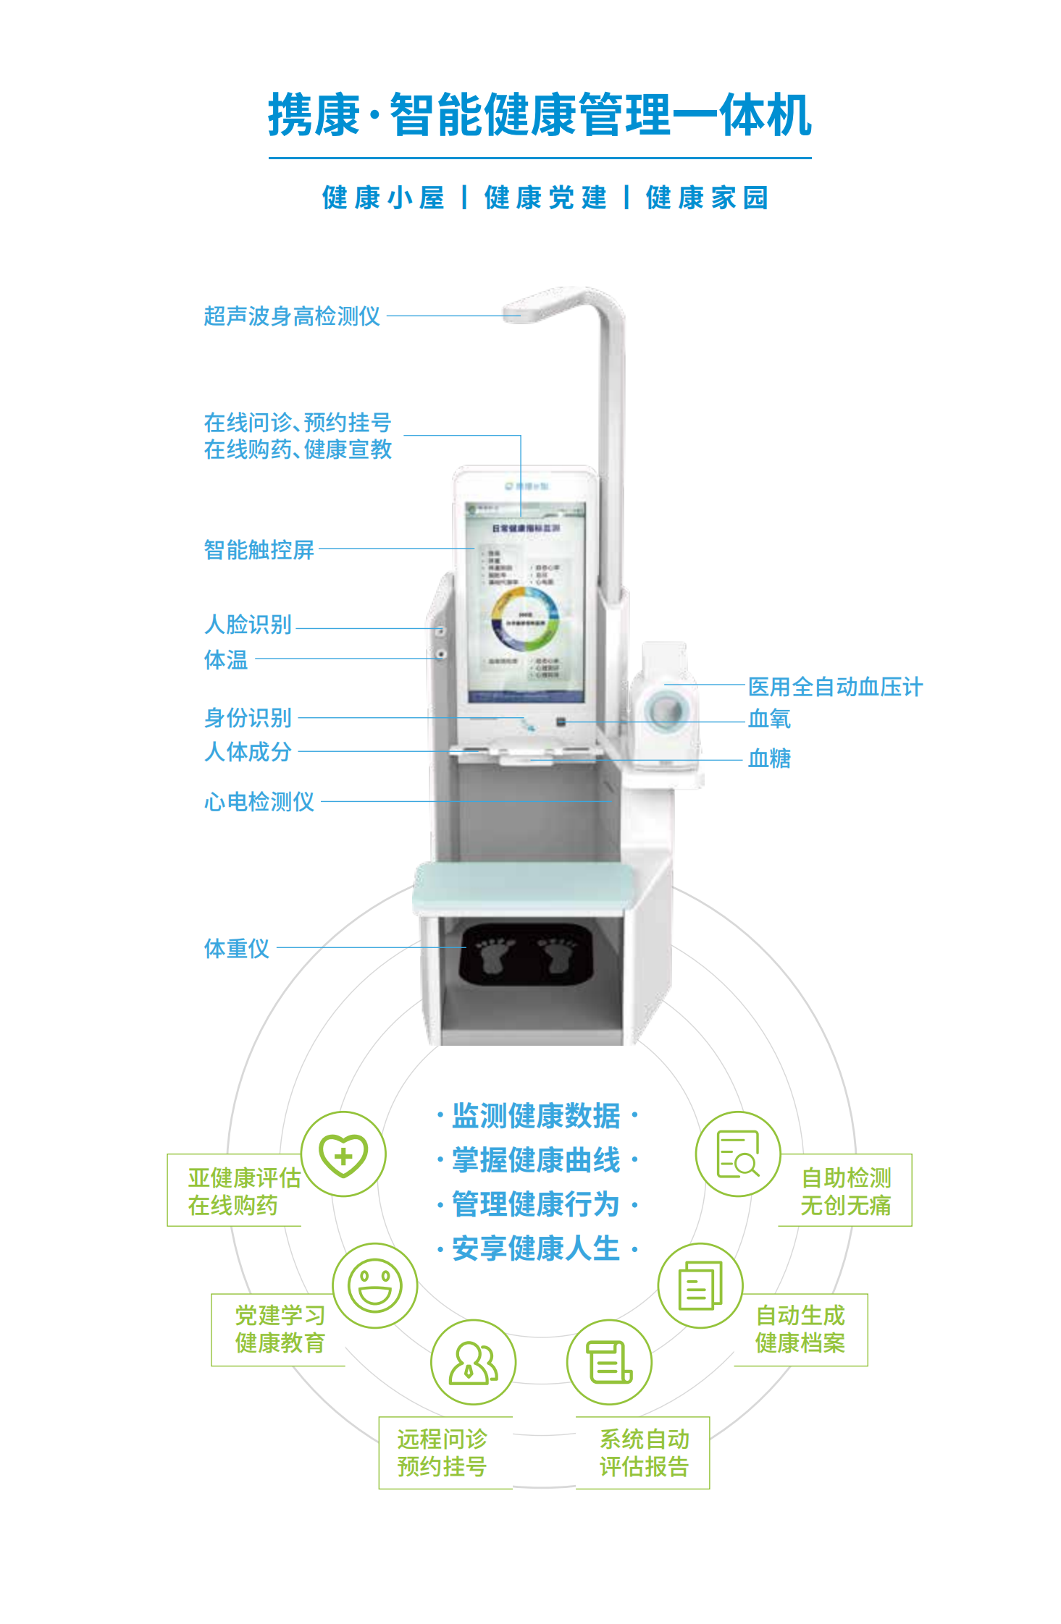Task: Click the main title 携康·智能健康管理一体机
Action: click(x=540, y=115)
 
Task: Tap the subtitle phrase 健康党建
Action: click(x=545, y=198)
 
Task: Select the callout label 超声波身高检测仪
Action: click(x=292, y=316)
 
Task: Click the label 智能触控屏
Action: click(x=259, y=550)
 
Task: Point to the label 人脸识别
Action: click(x=248, y=624)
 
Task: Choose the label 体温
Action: click(x=226, y=659)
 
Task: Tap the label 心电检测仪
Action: click(x=259, y=802)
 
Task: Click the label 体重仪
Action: click(x=237, y=948)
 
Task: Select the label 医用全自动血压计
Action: click(x=835, y=687)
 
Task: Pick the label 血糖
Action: click(x=769, y=758)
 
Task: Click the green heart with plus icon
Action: click(x=343, y=1154)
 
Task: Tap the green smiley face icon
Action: click(x=375, y=1286)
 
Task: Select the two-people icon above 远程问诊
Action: click(x=473, y=1363)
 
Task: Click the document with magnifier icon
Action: click(x=738, y=1154)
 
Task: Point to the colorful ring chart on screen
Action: click(x=526, y=619)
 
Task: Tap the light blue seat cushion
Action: click(x=523, y=886)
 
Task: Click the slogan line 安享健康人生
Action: click(x=537, y=1248)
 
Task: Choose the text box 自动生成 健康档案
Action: click(x=800, y=1329)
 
